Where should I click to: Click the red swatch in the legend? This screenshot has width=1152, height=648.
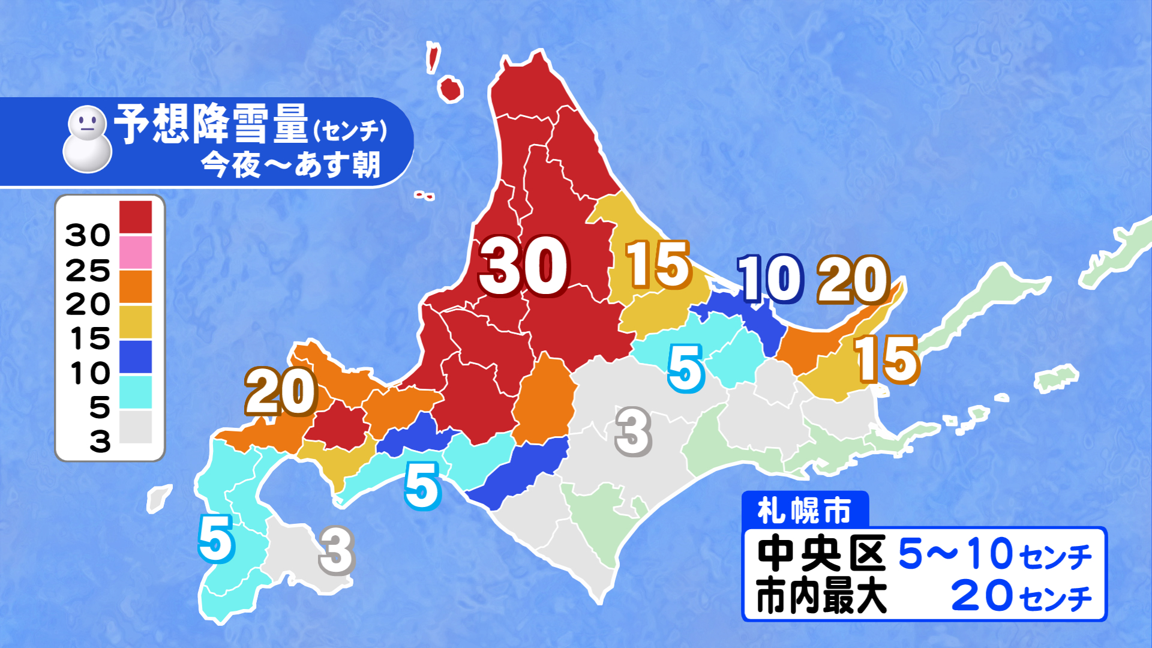click(136, 217)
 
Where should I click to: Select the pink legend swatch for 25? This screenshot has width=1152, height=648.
click(136, 252)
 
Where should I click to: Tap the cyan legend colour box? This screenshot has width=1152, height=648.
click(136, 392)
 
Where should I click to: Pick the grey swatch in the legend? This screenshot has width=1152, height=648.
click(136, 427)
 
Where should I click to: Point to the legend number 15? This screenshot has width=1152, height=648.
click(90, 339)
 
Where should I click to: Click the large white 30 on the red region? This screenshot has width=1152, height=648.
click(523, 266)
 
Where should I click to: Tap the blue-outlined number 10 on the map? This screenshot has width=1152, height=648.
click(770, 278)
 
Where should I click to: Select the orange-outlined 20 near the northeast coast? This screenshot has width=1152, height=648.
click(853, 280)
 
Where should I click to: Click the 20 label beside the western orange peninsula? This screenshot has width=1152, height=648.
click(281, 392)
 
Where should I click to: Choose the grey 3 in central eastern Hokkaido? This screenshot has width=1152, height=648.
click(634, 431)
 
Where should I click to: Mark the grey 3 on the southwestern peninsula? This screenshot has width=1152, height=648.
click(337, 551)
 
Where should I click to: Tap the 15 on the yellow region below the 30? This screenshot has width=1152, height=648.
click(658, 265)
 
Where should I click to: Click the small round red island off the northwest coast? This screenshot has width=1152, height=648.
click(451, 89)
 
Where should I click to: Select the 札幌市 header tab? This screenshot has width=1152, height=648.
click(805, 511)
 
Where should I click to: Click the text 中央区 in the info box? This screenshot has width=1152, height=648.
click(821, 553)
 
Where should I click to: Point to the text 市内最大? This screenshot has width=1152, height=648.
click(821, 596)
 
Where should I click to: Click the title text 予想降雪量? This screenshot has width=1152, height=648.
click(211, 124)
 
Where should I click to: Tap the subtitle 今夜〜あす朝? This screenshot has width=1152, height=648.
click(290, 164)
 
